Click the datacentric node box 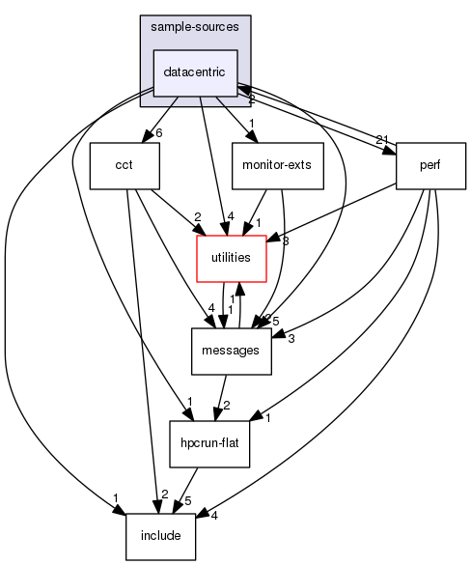pos(195,72)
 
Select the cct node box pos(124,165)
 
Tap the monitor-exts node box pos(277,165)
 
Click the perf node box pos(430,165)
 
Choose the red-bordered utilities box pos(232,258)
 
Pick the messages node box pos(232,351)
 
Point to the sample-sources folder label pos(195,26)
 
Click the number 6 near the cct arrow pos(158,133)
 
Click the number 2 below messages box pos(228,406)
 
